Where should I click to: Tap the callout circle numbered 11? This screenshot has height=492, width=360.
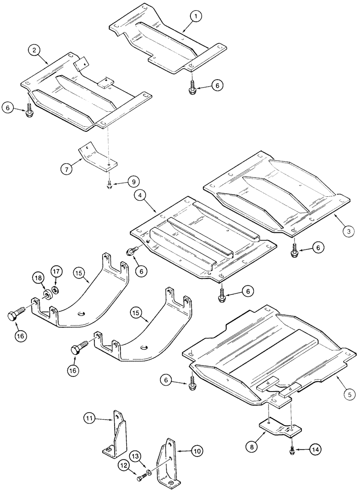(x=89, y=419)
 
